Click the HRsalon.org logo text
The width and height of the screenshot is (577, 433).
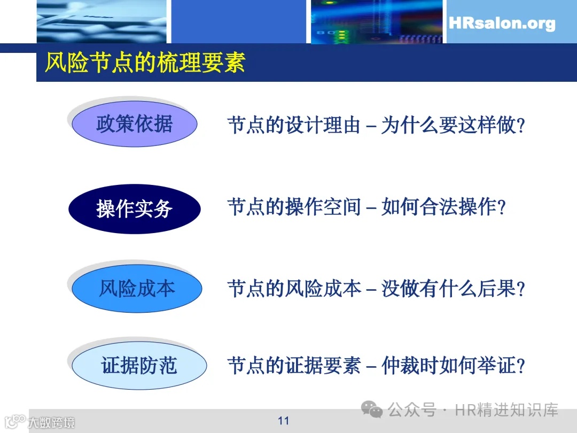coord(502,24)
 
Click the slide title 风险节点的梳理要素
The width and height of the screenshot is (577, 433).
coord(145,63)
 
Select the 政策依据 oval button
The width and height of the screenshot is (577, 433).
coord(134,124)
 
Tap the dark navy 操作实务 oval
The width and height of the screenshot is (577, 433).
coord(134,208)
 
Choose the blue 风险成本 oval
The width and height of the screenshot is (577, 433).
coord(137,289)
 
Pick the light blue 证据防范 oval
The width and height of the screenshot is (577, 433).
coord(139,366)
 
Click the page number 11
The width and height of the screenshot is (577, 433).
coord(283,421)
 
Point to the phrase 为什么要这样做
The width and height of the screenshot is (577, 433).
coord(449,126)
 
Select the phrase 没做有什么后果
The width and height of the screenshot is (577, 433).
coord(449,289)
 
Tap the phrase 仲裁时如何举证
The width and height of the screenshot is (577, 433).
coord(449,366)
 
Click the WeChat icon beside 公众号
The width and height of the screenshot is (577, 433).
coord(372,410)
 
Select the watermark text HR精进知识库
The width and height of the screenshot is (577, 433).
coord(506,410)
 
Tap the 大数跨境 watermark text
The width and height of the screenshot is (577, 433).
coord(51,423)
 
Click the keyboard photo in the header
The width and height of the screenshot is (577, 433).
coord(102,21)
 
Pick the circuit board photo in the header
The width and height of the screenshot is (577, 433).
coord(377,21)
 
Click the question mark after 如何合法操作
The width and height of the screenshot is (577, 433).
coord(501,207)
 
